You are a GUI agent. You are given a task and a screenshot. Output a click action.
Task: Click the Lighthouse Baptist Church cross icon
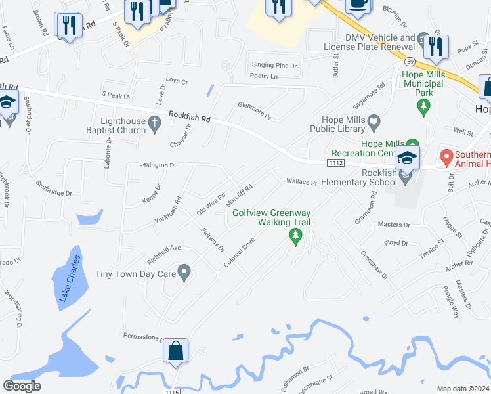[x=155, y=123]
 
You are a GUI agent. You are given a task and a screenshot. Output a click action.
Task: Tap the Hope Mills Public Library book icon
[x=374, y=121]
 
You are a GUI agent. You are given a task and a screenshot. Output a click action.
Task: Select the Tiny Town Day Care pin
[x=184, y=271]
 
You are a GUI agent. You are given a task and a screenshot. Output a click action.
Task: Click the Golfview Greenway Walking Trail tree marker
[x=295, y=236]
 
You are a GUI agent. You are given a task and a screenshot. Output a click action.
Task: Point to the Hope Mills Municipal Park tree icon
[x=425, y=105]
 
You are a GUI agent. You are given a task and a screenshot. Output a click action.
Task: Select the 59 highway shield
[x=410, y=61]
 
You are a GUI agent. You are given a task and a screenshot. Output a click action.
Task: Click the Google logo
[x=22, y=386]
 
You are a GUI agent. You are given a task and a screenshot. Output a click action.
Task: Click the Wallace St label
[x=301, y=182]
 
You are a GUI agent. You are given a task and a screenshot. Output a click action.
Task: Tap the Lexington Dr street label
[x=157, y=165]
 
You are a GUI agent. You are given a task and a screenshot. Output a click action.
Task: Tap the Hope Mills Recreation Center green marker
[x=413, y=144]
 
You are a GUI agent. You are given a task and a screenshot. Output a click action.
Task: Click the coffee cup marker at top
[x=358, y=3]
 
